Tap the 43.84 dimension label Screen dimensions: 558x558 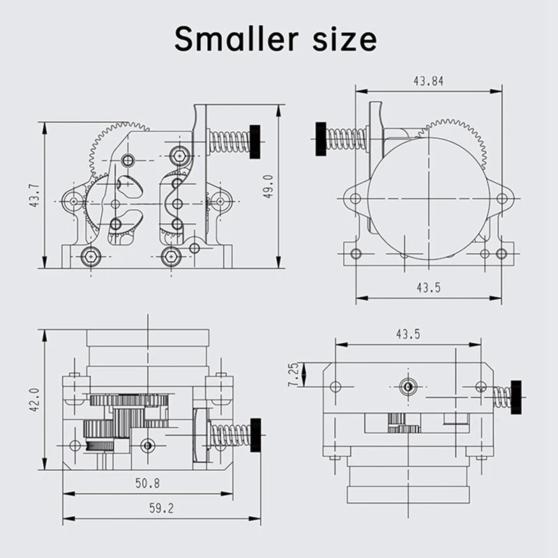click(428, 82)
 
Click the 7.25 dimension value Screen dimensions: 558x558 click(294, 375)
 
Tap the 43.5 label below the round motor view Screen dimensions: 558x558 click(428, 287)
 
